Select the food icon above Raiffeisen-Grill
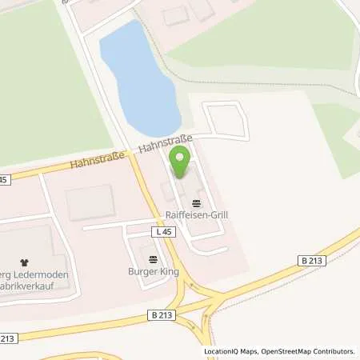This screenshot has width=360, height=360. (x=197, y=203)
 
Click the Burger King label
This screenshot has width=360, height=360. (x=151, y=271)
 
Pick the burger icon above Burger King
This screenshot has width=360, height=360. (x=152, y=259)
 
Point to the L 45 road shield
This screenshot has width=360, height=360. (x=164, y=231)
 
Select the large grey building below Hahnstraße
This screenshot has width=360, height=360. (x=90, y=202)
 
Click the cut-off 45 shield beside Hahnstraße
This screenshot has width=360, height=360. (x=4, y=179)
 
